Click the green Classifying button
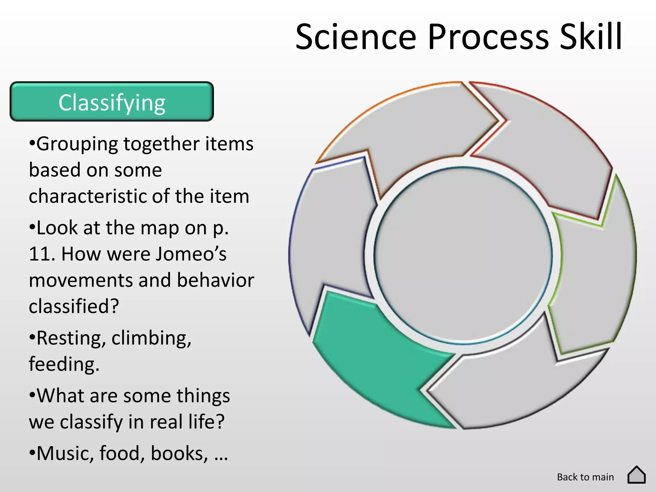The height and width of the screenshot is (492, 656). tap(112, 102)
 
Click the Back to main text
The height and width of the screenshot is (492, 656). tap(585, 477)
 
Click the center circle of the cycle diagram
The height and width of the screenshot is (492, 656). tap(463, 255)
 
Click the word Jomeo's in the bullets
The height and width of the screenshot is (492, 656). tap(191, 254)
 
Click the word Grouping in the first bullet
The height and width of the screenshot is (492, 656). tap(77, 144)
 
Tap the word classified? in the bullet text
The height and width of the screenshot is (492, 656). tap(74, 307)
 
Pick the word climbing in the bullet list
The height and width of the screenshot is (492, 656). tap(151, 338)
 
